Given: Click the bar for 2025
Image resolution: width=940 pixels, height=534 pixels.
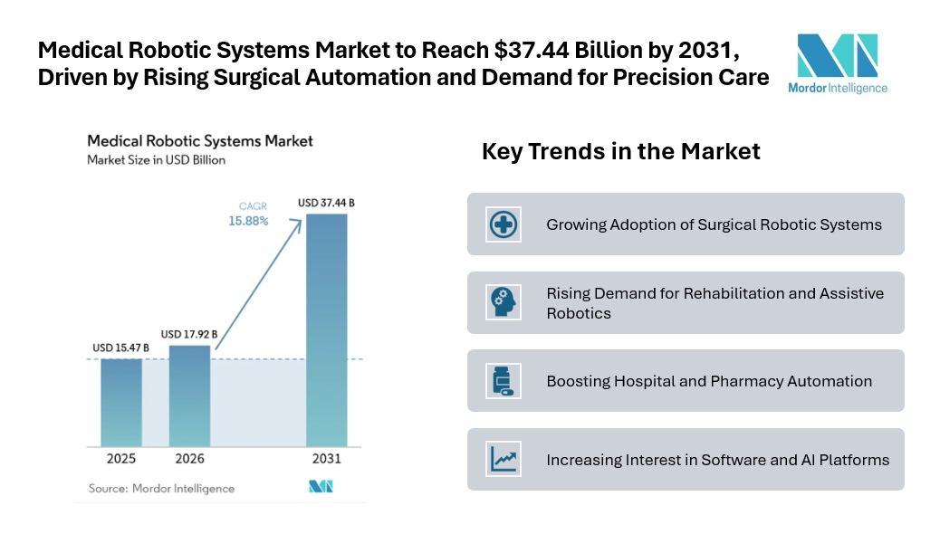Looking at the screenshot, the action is (x=121, y=403).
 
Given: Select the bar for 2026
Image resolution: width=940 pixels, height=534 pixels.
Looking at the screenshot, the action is (x=189, y=396).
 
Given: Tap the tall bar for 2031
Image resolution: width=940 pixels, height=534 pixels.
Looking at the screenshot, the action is (x=327, y=330).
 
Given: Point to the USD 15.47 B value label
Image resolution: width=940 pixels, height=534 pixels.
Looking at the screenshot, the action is (x=120, y=348).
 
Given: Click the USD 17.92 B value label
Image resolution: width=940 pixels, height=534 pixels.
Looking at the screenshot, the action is (x=189, y=334).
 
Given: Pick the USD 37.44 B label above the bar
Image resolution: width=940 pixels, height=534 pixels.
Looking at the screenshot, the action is (x=326, y=203).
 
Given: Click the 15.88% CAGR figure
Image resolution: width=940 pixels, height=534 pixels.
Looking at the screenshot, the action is (x=248, y=221).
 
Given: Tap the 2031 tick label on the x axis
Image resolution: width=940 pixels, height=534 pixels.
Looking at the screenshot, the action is (x=327, y=459).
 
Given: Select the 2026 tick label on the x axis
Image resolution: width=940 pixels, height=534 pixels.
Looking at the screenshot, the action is (x=189, y=459).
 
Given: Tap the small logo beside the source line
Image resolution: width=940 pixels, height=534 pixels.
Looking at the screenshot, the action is (x=321, y=486).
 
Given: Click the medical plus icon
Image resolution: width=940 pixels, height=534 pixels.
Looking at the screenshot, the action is (x=503, y=224).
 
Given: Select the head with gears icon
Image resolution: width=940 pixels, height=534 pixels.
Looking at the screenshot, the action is (x=503, y=302).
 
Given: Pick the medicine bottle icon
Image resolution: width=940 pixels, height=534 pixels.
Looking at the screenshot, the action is (x=503, y=381).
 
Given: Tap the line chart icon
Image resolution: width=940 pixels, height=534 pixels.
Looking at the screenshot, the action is (x=503, y=459).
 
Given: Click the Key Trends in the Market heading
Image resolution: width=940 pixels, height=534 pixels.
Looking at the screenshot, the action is (x=621, y=152).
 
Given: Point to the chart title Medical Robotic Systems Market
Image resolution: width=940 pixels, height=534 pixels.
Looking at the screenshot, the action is (x=200, y=141).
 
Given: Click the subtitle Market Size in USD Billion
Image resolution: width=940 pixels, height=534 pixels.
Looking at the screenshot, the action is (x=156, y=160).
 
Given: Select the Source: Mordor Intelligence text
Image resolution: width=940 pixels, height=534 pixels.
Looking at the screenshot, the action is (x=162, y=489).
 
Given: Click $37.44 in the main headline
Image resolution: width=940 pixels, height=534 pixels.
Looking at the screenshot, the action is (x=532, y=51).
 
